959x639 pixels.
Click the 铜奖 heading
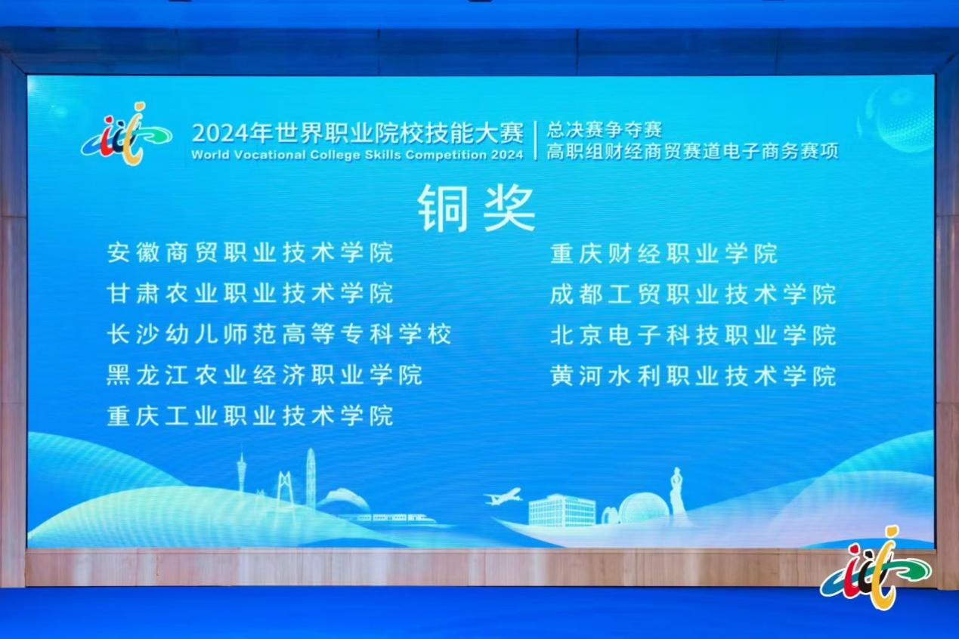tap(477, 208)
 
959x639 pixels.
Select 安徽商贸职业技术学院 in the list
tap(250, 252)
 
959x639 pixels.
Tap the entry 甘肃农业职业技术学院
tap(250, 293)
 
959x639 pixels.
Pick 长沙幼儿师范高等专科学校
tap(279, 334)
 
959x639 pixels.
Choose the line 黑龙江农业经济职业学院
tap(264, 375)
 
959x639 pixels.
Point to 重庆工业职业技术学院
tap(250, 416)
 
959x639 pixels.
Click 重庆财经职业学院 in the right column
tap(664, 253)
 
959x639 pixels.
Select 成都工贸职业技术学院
tap(693, 294)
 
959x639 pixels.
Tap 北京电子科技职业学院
tap(693, 335)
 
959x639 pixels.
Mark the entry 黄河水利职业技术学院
tap(693, 376)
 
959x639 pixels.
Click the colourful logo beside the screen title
tap(126, 134)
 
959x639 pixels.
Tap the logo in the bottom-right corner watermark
tap(876, 568)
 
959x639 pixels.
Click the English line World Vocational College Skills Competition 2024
tap(357, 155)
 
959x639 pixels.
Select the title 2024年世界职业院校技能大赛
tap(357, 133)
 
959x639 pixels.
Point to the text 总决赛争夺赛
tap(604, 130)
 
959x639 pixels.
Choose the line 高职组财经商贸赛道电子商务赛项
tap(692, 152)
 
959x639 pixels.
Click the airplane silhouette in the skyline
tap(503, 496)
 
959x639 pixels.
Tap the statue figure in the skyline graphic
tap(677, 491)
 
